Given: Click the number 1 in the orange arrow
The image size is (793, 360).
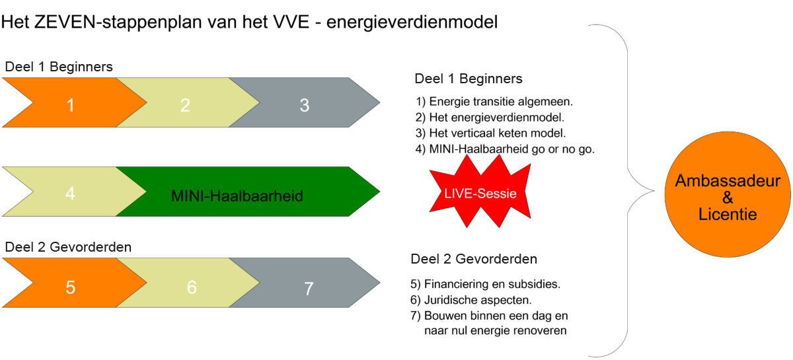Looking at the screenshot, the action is (x=71, y=105).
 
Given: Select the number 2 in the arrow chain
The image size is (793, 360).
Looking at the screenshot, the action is (x=185, y=105).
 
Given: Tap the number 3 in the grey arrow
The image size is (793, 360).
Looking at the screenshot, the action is (x=305, y=105).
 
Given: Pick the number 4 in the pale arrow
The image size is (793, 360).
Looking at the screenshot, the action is (x=70, y=194).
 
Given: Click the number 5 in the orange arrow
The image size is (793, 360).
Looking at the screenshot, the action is (x=71, y=287).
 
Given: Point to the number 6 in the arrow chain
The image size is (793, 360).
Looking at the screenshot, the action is (x=192, y=287).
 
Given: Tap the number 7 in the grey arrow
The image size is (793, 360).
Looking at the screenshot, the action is (x=309, y=289).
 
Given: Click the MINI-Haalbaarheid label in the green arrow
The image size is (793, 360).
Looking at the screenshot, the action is (x=237, y=196).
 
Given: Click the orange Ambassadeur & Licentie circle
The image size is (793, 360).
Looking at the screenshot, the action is (x=728, y=194).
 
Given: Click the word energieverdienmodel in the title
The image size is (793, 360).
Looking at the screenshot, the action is (x=412, y=22).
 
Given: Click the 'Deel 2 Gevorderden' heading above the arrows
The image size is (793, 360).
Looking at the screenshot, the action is (x=68, y=247).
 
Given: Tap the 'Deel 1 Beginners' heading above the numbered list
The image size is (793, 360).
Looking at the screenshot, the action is (x=469, y=79).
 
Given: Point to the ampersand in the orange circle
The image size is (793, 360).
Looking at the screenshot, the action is (x=728, y=198).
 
